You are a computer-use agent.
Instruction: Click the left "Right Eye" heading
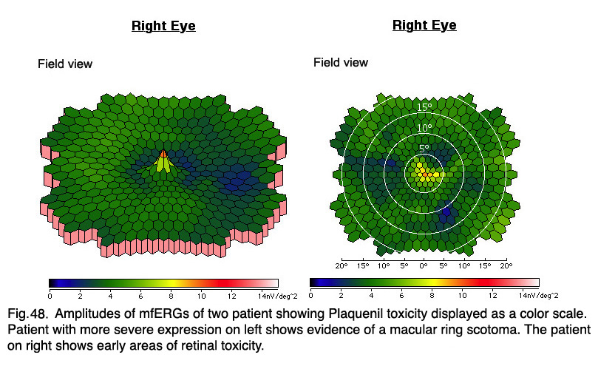[x=163, y=26]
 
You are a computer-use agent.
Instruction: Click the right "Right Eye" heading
[x=424, y=25]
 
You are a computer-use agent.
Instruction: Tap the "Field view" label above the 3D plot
[x=65, y=64]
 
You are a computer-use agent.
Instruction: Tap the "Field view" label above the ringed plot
[x=341, y=62]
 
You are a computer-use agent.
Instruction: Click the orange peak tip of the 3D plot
[x=163, y=153]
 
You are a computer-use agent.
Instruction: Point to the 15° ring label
[x=424, y=107]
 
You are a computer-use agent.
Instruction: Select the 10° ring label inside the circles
[x=424, y=128]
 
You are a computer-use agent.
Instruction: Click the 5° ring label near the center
[x=424, y=149]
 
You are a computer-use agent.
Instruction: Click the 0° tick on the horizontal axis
[x=424, y=266]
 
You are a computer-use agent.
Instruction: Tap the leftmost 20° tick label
[x=341, y=266]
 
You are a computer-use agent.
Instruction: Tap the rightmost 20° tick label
[x=506, y=266]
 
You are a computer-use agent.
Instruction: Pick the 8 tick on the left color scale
[x=171, y=296]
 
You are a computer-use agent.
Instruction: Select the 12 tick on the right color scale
[x=493, y=295]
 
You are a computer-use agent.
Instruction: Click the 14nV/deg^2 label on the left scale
[x=278, y=296]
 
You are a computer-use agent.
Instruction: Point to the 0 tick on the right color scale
[x=310, y=295]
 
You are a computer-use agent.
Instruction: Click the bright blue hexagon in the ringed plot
[x=446, y=214]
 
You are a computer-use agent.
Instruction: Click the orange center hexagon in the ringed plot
[x=425, y=174]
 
